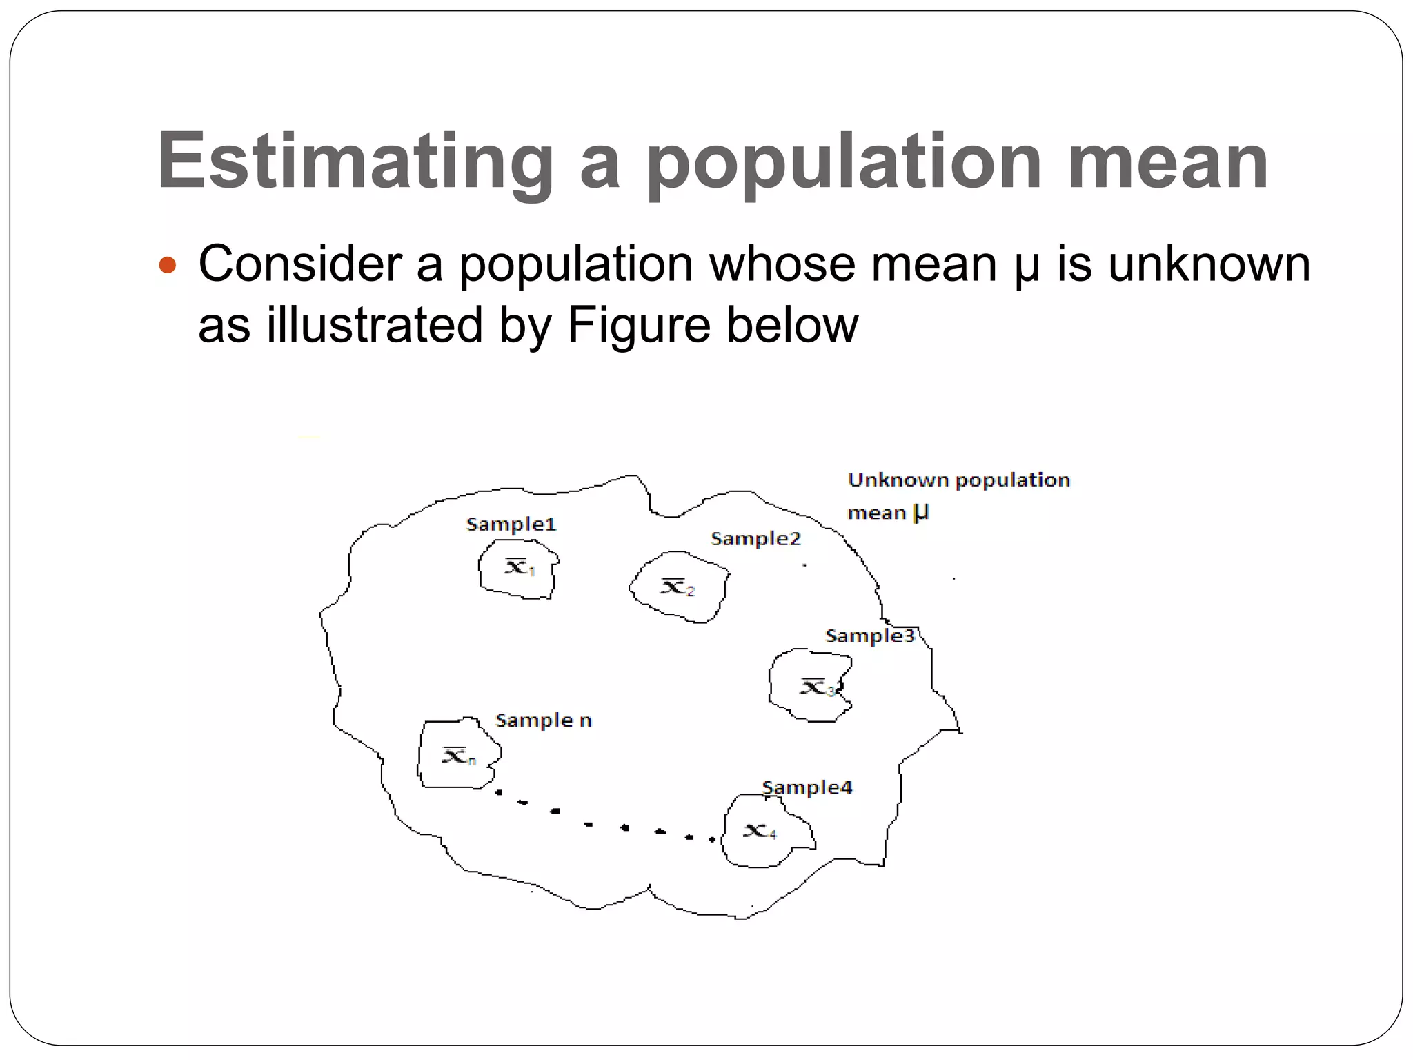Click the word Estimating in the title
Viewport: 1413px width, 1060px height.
355,162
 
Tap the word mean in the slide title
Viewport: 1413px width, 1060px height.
1167,162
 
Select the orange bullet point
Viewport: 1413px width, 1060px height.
168,264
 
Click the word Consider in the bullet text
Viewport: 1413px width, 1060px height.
300,264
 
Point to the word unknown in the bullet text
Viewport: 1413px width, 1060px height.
1209,264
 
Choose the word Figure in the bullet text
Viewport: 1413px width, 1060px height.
638,325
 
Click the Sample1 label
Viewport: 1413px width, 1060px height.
511,524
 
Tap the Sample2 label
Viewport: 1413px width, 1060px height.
755,539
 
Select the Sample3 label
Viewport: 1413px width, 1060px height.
869,636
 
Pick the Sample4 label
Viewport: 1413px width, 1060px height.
807,787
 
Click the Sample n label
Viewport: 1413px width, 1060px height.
544,720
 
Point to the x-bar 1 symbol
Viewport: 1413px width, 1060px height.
520,567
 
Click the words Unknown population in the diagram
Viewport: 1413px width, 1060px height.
958,480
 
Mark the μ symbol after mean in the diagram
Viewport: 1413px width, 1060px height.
921,513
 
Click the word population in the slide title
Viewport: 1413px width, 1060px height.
844,162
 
